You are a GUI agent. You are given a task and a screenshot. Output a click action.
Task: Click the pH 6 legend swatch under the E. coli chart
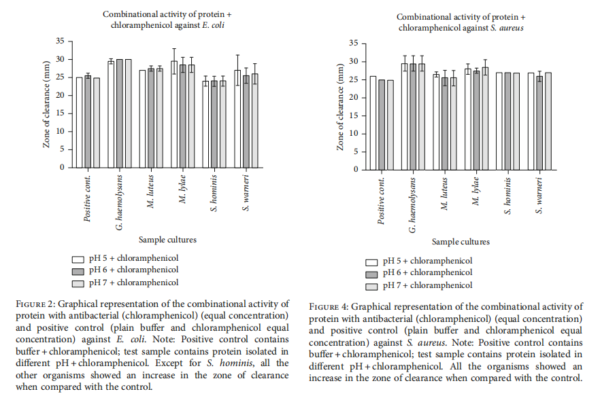(78, 272)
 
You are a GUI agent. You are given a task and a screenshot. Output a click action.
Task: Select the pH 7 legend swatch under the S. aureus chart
(371, 287)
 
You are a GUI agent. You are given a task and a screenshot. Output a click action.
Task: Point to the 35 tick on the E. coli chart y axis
(60, 41)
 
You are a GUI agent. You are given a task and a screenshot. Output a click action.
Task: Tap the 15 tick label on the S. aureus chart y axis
(354, 115)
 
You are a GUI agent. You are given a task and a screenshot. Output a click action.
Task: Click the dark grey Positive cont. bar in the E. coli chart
(88, 122)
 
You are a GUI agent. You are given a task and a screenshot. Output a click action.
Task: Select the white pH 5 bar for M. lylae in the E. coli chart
(174, 114)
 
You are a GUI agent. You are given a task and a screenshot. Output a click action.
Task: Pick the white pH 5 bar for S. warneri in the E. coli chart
(237, 119)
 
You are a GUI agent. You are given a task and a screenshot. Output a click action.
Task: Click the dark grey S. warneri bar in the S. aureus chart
(539, 123)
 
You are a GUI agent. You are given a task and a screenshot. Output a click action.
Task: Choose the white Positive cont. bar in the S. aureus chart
(373, 123)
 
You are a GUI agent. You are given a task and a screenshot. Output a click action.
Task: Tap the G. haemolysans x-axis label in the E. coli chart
(120, 203)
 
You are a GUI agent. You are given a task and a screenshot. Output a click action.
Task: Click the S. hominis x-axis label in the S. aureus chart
(507, 196)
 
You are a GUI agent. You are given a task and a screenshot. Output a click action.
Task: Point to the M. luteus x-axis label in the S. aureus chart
(444, 194)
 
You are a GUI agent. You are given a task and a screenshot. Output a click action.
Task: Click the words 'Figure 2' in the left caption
(35, 304)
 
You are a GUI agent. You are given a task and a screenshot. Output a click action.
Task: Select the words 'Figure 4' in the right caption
(329, 307)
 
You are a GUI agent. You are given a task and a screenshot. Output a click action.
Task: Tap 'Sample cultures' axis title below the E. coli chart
(167, 240)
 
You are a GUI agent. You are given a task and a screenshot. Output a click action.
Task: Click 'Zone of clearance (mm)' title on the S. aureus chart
(340, 107)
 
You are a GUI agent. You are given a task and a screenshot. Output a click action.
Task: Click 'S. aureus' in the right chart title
(507, 28)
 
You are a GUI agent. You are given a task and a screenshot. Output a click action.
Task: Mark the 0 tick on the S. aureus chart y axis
(356, 170)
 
